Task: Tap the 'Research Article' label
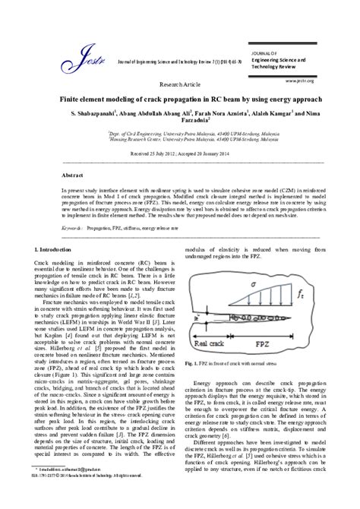click(179, 85)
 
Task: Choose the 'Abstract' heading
click(73, 175)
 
